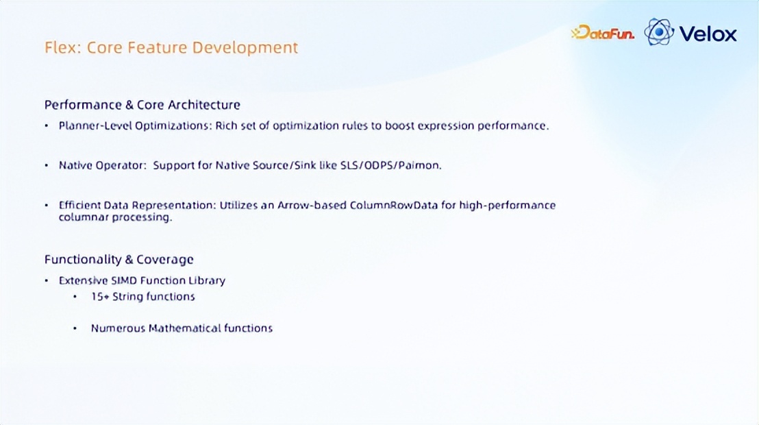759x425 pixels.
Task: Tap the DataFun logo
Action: coord(603,32)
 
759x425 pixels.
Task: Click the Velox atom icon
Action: coord(659,32)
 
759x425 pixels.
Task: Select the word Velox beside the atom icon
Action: coord(708,34)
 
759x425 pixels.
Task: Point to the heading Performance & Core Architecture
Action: coord(142,105)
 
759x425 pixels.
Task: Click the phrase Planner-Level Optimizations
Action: coord(135,125)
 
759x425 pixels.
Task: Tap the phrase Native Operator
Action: coord(101,165)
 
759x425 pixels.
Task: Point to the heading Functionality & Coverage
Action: coord(119,260)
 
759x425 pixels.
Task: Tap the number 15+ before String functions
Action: coord(100,297)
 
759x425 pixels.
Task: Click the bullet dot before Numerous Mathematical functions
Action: coord(75,328)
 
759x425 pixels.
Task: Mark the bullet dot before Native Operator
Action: coord(47,166)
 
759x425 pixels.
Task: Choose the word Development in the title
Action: coord(245,47)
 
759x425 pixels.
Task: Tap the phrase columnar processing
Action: coord(115,217)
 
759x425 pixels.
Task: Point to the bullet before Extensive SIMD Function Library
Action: coord(47,280)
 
